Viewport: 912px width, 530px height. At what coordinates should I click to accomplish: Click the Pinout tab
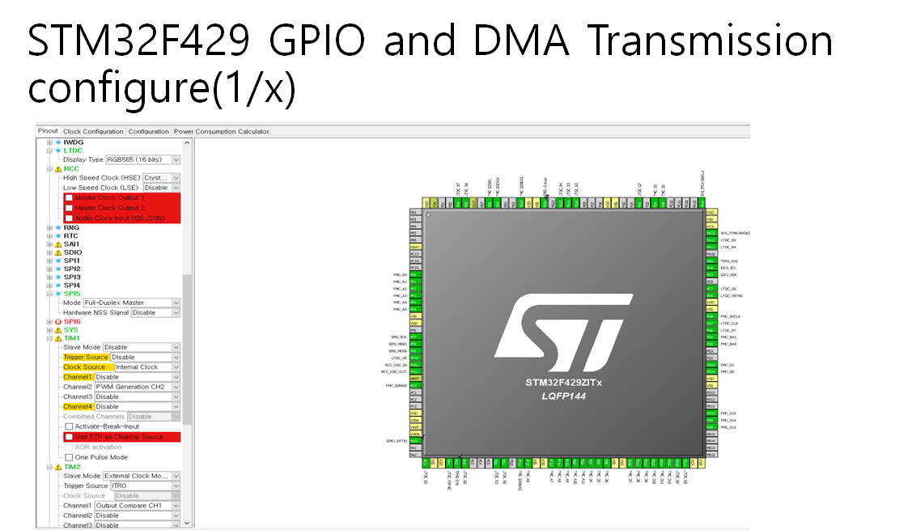pos(48,131)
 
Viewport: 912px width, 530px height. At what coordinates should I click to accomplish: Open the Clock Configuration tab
pos(93,131)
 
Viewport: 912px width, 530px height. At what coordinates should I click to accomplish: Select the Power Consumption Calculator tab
pos(221,131)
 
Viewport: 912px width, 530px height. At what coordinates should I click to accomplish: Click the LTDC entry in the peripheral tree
pos(73,151)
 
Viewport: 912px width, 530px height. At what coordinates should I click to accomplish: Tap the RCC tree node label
pos(71,168)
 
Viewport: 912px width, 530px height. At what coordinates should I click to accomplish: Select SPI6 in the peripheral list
pos(72,321)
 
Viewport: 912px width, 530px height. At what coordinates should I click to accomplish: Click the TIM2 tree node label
pos(72,467)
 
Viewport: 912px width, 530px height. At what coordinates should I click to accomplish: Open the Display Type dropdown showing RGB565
pos(142,159)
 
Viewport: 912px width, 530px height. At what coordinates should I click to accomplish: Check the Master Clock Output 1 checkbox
pos(69,197)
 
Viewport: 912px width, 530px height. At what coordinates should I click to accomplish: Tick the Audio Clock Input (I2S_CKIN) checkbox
pos(69,218)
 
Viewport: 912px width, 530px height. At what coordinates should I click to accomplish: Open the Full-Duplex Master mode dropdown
pos(131,303)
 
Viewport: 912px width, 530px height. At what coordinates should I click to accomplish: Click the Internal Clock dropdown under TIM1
pos(146,367)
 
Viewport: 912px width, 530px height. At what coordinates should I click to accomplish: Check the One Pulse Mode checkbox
pos(69,457)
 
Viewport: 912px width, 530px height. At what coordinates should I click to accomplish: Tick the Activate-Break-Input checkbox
pos(69,426)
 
